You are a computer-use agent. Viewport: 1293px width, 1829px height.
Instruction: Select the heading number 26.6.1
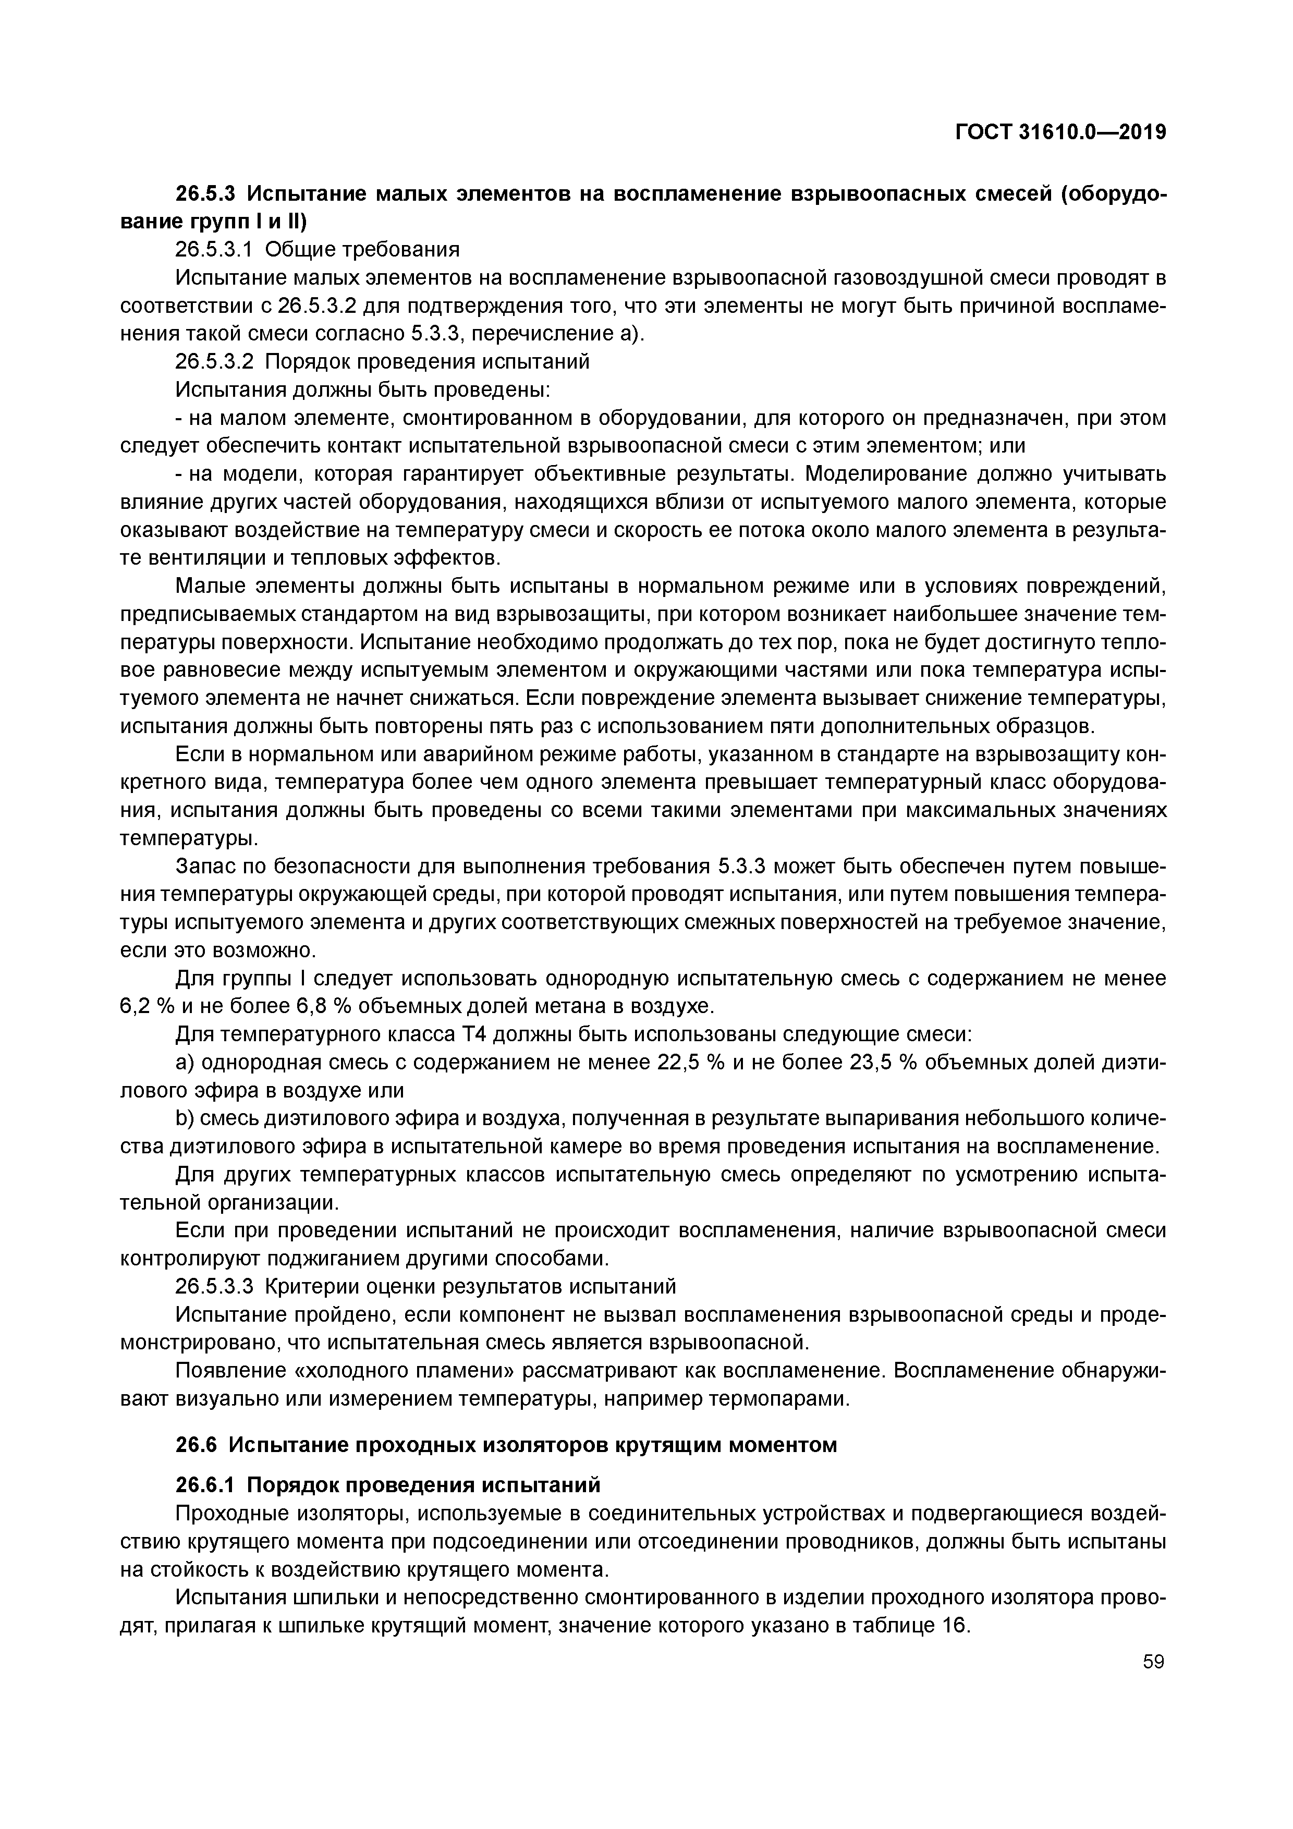pos(207,1485)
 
